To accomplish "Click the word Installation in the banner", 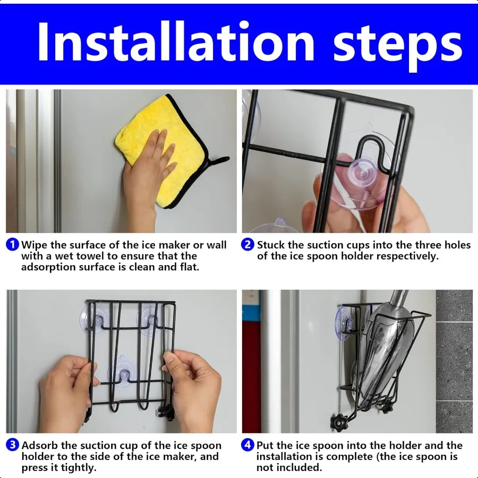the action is pyautogui.click(x=176, y=42).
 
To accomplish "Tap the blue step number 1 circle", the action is pyautogui.click(x=13, y=245).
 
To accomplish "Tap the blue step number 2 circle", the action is pyautogui.click(x=247, y=245).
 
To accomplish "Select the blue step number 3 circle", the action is pyautogui.click(x=13, y=445).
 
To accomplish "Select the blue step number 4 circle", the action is pyautogui.click(x=247, y=445).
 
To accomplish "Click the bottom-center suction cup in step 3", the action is pyautogui.click(x=123, y=372).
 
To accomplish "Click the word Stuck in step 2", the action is pyautogui.click(x=271, y=245).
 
